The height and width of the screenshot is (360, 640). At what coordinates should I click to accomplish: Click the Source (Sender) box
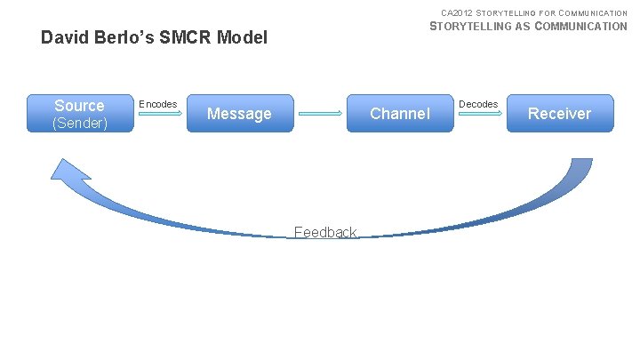pyautogui.click(x=79, y=114)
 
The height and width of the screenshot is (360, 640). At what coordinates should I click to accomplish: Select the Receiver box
pyautogui.click(x=560, y=114)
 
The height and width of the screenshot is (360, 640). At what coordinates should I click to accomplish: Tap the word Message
pyautogui.click(x=239, y=114)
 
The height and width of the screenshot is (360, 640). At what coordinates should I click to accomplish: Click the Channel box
pyautogui.click(x=400, y=114)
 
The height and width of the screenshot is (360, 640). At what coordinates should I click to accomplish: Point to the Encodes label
pyautogui.click(x=159, y=104)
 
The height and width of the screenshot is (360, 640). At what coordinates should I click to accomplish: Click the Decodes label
pyautogui.click(x=478, y=104)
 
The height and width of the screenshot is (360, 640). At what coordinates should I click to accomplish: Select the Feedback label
pyautogui.click(x=325, y=232)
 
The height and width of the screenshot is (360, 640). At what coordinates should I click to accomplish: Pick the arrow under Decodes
pyautogui.click(x=480, y=114)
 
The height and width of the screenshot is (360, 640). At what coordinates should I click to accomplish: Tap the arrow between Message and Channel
pyautogui.click(x=320, y=114)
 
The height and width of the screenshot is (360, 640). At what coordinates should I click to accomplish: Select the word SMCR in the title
pyautogui.click(x=190, y=38)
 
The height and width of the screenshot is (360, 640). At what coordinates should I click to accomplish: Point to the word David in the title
pyautogui.click(x=63, y=38)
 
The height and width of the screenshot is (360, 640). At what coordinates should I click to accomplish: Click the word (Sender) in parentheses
pyautogui.click(x=80, y=123)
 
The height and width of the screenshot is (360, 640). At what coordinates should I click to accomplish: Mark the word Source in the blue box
pyautogui.click(x=79, y=106)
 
